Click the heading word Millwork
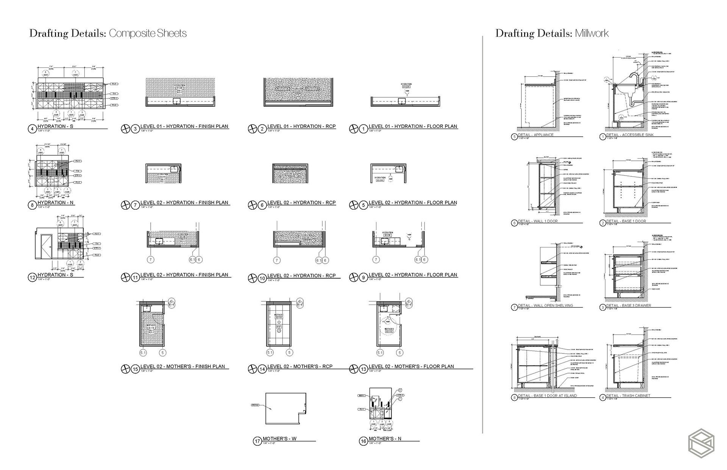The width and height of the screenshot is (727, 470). tap(591, 34)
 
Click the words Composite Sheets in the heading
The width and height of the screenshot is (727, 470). tap(148, 34)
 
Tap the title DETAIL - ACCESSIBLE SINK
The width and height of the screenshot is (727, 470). tap(630, 135)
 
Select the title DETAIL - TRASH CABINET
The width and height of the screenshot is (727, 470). tap(628, 395)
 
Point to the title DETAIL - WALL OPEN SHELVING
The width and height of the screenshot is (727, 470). tap(545, 305)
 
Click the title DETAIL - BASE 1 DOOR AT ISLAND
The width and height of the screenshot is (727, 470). tap(548, 395)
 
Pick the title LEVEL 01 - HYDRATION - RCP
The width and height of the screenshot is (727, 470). tap(301, 126)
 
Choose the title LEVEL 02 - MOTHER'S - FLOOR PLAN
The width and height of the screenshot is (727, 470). tap(411, 366)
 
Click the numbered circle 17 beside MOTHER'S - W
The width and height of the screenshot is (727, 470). tap(257, 441)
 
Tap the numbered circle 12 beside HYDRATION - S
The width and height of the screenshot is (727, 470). tap(32, 278)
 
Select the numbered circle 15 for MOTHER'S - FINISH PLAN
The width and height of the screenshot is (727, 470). tap(135, 369)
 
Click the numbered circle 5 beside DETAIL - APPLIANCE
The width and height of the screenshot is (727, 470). tap(514, 137)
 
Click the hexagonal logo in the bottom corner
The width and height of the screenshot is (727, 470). tap(701, 443)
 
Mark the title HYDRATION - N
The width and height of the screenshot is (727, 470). tap(56, 202)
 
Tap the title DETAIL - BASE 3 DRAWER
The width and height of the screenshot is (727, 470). tap(629, 305)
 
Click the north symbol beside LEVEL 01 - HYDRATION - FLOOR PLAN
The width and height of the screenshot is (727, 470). tap(353, 129)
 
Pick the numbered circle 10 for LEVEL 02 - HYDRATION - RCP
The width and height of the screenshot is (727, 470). tap(262, 279)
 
